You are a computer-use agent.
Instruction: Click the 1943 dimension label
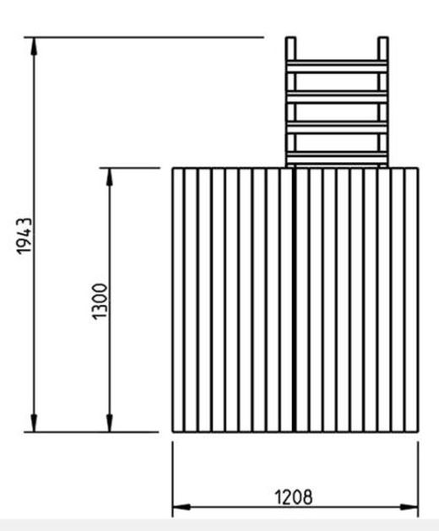coord(24,236)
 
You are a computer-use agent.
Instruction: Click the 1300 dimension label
coord(100,301)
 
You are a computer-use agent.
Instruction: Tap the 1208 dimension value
coord(293,497)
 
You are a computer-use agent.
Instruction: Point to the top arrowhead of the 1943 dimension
coord(34,46)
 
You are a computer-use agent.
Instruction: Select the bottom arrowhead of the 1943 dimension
coord(34,423)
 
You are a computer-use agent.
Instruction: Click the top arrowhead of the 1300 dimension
coord(110,176)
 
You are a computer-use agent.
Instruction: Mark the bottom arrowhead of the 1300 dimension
coord(110,423)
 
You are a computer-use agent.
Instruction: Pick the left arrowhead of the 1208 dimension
coord(182,507)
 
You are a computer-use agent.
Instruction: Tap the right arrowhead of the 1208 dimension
coord(409,507)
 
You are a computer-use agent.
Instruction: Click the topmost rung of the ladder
coord(337,67)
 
